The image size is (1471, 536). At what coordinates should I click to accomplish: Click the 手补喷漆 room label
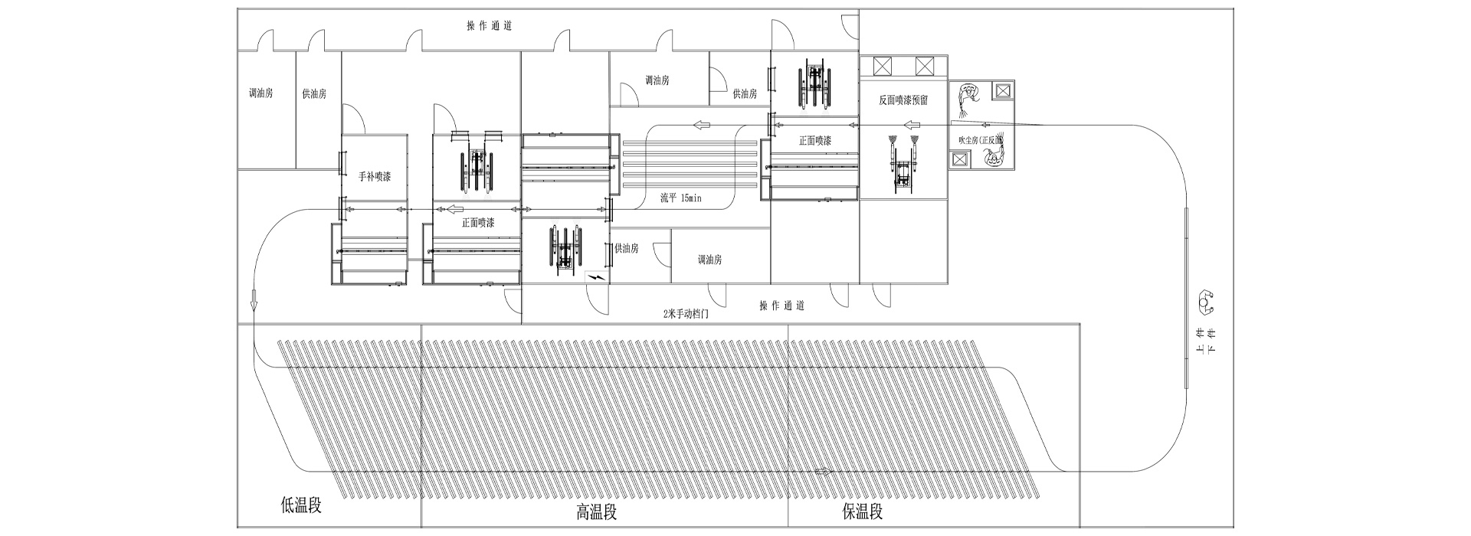click(x=375, y=177)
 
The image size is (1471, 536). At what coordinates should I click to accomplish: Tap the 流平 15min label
click(x=681, y=198)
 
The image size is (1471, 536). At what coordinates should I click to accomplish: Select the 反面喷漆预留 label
click(x=903, y=100)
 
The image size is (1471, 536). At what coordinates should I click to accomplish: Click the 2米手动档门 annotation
click(x=685, y=313)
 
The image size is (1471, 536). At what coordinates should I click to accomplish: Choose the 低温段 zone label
click(x=301, y=505)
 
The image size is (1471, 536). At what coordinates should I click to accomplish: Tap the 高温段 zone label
click(x=597, y=512)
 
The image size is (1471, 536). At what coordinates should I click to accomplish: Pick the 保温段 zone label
click(x=862, y=511)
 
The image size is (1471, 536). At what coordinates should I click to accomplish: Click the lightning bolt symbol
click(x=595, y=276)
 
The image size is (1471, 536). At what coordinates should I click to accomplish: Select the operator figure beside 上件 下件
click(x=1207, y=302)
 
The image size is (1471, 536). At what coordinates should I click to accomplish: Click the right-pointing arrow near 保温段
click(x=824, y=471)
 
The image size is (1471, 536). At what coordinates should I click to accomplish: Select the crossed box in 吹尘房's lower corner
click(x=958, y=159)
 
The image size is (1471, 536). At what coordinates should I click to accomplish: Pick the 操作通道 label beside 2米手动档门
click(x=781, y=306)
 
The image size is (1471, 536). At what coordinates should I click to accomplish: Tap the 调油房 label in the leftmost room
click(x=260, y=93)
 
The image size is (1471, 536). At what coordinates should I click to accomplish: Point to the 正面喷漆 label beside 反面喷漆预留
click(x=815, y=141)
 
